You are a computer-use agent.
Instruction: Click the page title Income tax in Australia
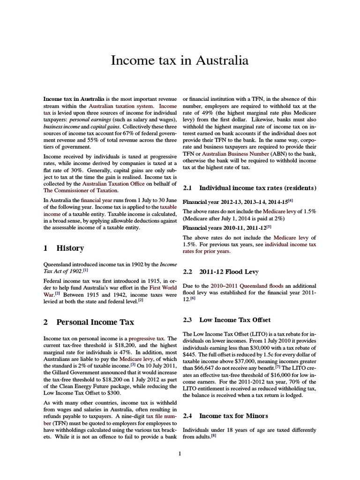[x=180, y=61]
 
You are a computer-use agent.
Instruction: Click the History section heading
[x=70, y=248]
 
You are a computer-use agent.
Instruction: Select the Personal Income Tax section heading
[x=95, y=322]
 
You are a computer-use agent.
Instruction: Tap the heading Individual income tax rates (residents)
[x=257, y=187]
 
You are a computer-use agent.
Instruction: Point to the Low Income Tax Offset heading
[x=235, y=320]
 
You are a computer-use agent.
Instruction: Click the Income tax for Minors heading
[x=233, y=415]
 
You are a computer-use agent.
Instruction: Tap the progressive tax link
[x=146, y=338]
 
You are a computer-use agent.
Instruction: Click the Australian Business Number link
[x=233, y=153]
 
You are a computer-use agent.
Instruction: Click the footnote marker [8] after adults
[x=213, y=435]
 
